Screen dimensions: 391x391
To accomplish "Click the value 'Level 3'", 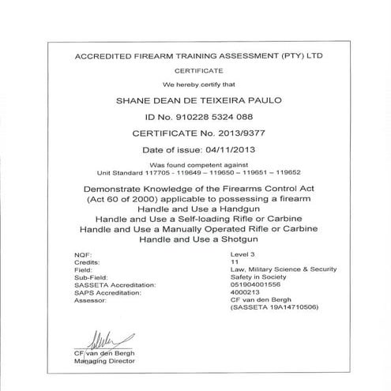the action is [x=239, y=254].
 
